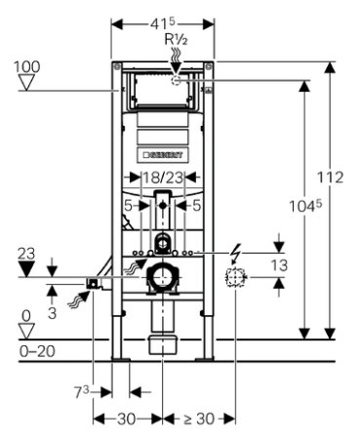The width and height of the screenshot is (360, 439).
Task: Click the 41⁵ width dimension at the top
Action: [x=163, y=23]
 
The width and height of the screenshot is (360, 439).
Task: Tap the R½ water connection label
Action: [x=176, y=40]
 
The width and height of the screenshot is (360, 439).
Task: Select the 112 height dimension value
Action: [x=330, y=178]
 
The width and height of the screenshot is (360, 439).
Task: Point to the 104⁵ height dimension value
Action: [x=305, y=206]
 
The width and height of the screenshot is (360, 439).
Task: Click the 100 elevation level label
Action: [x=26, y=66]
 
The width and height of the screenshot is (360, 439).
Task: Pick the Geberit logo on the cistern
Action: [x=163, y=154]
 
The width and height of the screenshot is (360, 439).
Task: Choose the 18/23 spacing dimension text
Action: [x=163, y=178]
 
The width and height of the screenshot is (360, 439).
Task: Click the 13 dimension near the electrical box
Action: [x=279, y=265]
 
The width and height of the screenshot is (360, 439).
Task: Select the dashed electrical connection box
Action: [x=235, y=277]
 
